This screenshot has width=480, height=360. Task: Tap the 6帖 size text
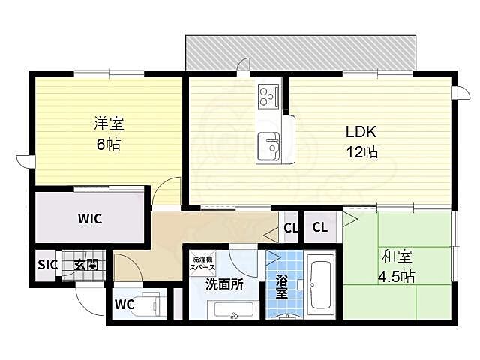tap(105, 145)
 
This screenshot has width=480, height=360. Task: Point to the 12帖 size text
tap(361, 152)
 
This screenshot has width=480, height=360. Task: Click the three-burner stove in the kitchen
tap(268, 96)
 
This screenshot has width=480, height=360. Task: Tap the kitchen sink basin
tap(268, 145)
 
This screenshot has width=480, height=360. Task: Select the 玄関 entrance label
tap(84, 264)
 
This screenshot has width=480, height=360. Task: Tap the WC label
tap(124, 304)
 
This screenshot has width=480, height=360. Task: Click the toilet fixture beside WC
tap(152, 304)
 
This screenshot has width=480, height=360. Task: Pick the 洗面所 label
tap(224, 284)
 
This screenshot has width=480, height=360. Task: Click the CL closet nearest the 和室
tap(319, 227)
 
